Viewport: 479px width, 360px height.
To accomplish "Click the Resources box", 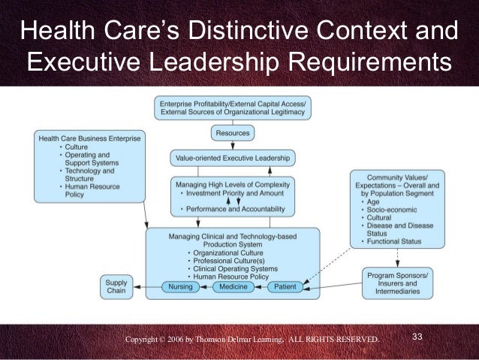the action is [x=233, y=133].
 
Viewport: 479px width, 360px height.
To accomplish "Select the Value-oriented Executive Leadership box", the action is [x=232, y=159].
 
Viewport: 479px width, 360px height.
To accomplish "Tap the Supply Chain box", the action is [x=116, y=286].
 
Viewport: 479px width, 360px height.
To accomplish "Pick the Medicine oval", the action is [x=235, y=286].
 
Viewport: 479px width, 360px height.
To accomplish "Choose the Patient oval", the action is [x=285, y=286].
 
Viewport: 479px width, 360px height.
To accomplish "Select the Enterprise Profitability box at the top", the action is [x=233, y=107].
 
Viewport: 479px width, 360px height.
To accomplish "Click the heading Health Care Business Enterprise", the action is [x=91, y=139].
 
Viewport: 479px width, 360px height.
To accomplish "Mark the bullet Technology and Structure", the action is [x=87, y=175].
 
